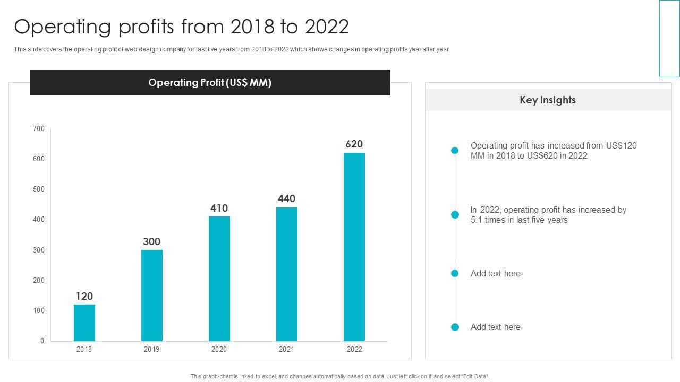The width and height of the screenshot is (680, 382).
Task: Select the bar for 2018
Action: click(84, 323)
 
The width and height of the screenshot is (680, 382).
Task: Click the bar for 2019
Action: click(152, 296)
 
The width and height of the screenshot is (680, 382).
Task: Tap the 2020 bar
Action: click(219, 279)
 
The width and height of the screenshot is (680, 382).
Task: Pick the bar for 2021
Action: click(287, 274)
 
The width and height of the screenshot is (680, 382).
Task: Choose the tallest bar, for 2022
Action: click(354, 247)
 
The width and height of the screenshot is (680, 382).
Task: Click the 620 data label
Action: click(354, 144)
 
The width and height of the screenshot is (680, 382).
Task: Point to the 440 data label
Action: click(287, 199)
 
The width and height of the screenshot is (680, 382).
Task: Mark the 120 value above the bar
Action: click(84, 296)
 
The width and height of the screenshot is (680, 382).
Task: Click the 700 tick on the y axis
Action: click(39, 128)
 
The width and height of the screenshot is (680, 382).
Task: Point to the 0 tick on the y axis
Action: click(42, 341)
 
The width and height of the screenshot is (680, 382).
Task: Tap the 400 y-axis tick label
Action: click(39, 220)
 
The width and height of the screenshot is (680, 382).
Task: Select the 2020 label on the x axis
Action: click(219, 349)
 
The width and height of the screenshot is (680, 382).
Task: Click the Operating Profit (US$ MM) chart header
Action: click(210, 83)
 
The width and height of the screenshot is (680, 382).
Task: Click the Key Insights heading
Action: click(548, 100)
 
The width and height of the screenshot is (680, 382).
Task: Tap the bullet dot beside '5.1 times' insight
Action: click(455, 215)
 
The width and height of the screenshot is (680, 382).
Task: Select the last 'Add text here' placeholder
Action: click(496, 327)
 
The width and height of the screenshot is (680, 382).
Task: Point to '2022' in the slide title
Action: click(325, 27)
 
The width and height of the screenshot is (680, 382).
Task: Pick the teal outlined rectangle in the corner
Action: click(669, 38)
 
